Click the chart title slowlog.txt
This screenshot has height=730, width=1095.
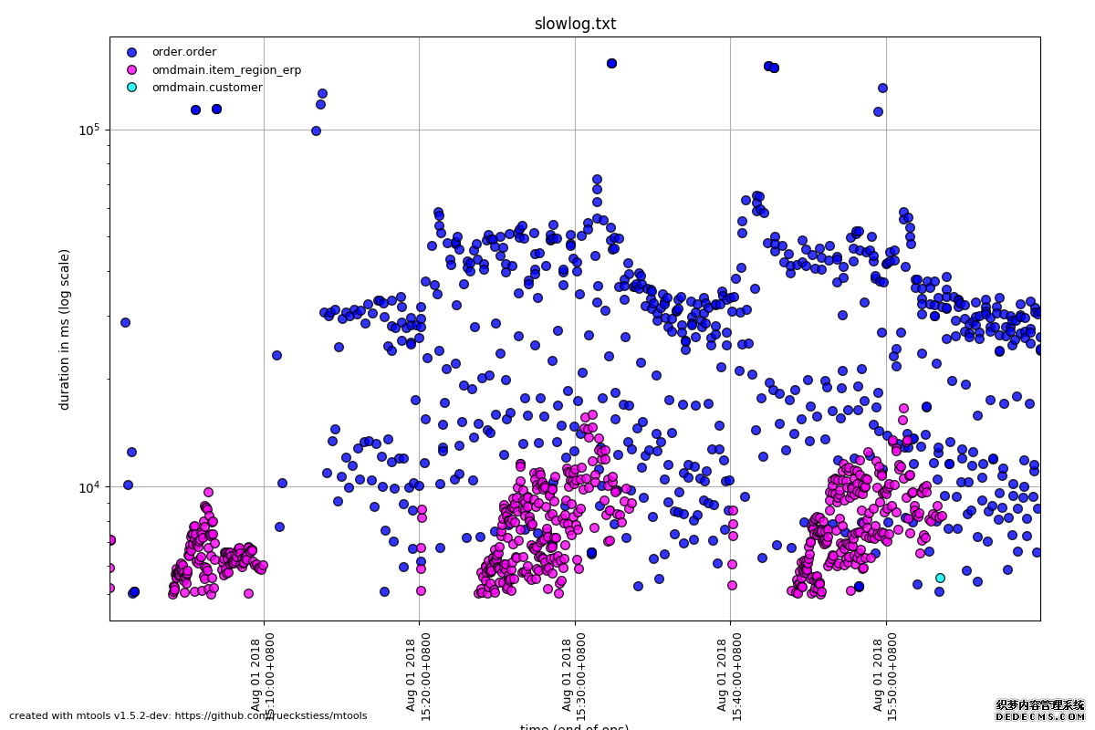pyautogui.click(x=575, y=24)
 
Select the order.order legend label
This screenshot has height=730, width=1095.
pyautogui.click(x=183, y=52)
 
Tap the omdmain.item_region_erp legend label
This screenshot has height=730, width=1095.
pyautogui.click(x=226, y=70)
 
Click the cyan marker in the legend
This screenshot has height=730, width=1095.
pyautogui.click(x=131, y=88)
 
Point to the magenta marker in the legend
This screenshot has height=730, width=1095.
pyautogui.click(x=131, y=70)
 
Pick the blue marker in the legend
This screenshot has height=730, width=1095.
pyautogui.click(x=131, y=52)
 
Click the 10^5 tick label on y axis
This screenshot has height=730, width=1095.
pyautogui.click(x=89, y=130)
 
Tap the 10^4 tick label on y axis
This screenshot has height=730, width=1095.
pyautogui.click(x=89, y=486)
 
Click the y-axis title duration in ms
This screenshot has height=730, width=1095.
pyautogui.click(x=65, y=328)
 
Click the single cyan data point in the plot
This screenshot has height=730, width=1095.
pyautogui.click(x=940, y=578)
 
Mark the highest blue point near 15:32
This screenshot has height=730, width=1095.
pyautogui.click(x=611, y=63)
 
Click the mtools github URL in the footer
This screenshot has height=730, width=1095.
pyautogui.click(x=274, y=716)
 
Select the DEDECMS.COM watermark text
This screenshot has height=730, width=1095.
pyautogui.click(x=1039, y=717)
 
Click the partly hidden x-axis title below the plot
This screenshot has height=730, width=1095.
pyautogui.click(x=575, y=727)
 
